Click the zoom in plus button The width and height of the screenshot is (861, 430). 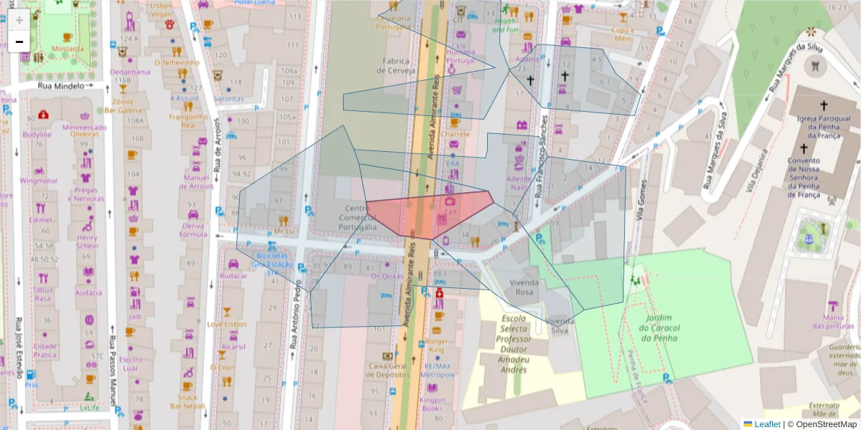coord(19,19)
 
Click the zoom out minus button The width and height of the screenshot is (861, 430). coord(19,42)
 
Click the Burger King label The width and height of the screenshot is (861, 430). coord(437,345)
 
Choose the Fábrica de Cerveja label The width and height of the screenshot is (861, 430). coord(399,66)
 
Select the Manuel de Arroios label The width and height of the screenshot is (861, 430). coord(198,182)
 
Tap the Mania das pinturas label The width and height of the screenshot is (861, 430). coord(833,321)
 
